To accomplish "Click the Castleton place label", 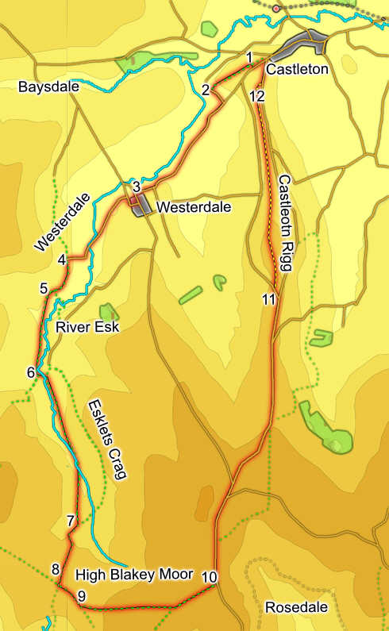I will click(x=297, y=70).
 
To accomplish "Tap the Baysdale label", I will click(x=48, y=87).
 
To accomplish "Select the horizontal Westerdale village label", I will click(x=194, y=207).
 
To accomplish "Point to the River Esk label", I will click(x=87, y=326).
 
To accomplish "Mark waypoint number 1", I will click(x=249, y=57).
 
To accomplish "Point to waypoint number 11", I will click(x=269, y=299).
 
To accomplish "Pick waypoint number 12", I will click(x=256, y=96).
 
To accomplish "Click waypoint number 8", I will click(x=55, y=568).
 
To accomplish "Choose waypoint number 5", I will click(x=44, y=288).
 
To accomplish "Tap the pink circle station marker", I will click(x=276, y=9).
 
